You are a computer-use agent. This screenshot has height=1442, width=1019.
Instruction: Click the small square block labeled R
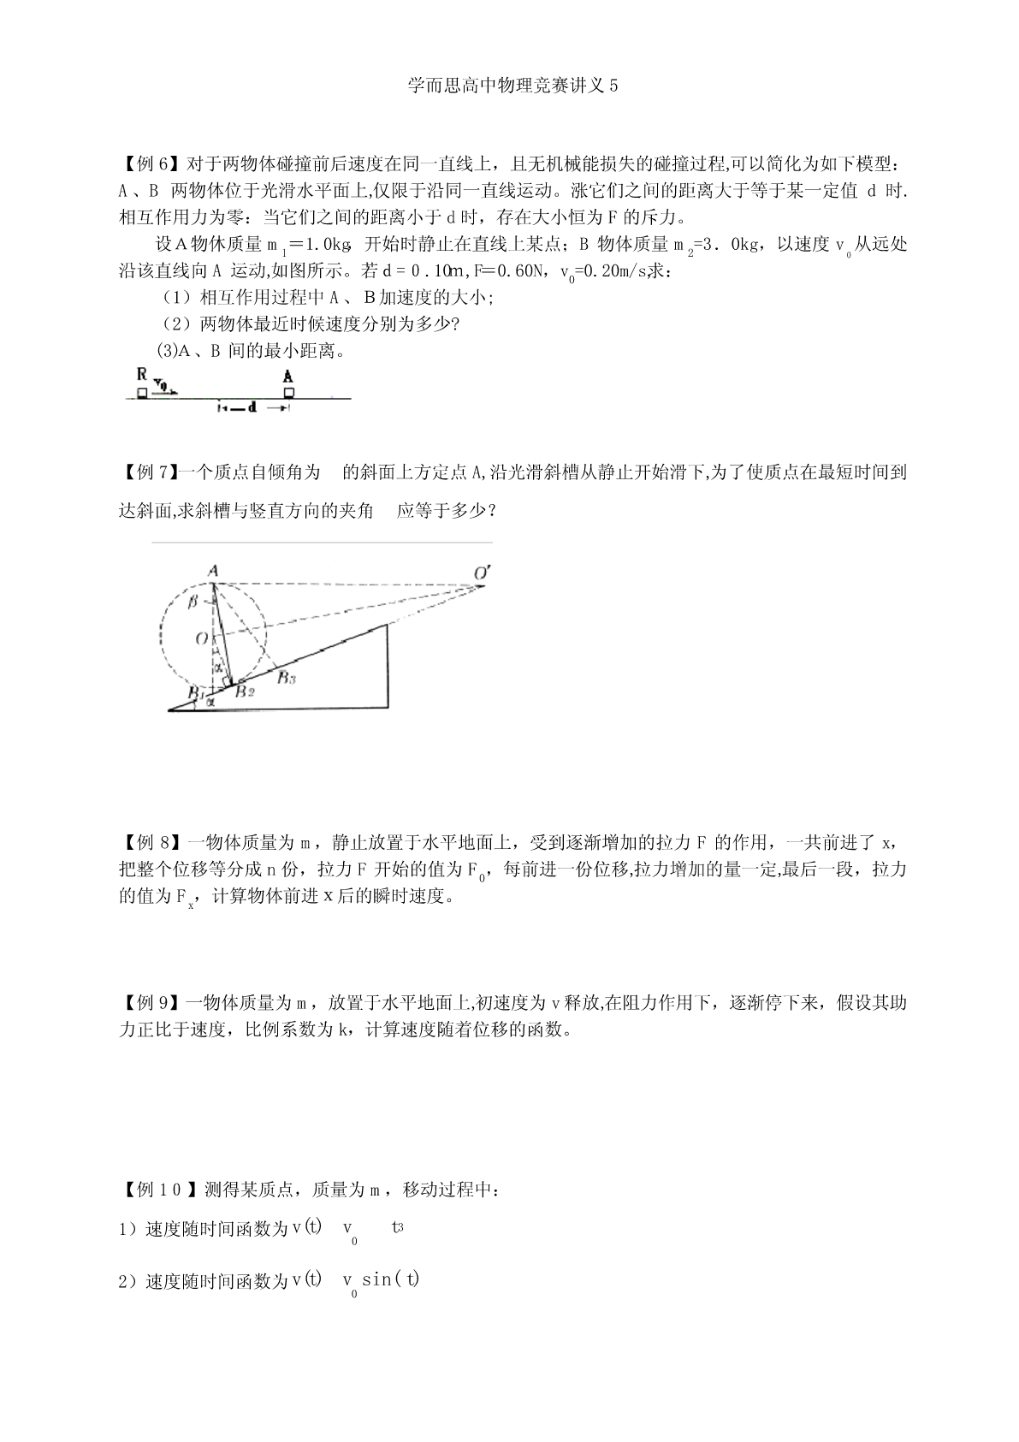point(140,393)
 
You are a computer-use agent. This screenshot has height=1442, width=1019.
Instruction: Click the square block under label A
point(289,392)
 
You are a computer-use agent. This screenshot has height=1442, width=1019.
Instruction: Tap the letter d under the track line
point(252,408)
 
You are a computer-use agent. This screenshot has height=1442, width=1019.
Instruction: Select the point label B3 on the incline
point(286,678)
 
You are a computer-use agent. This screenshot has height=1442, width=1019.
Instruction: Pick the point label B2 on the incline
point(246,691)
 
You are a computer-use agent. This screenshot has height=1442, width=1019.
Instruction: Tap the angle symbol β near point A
point(193,602)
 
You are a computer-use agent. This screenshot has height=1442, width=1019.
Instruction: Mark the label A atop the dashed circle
point(212,570)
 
